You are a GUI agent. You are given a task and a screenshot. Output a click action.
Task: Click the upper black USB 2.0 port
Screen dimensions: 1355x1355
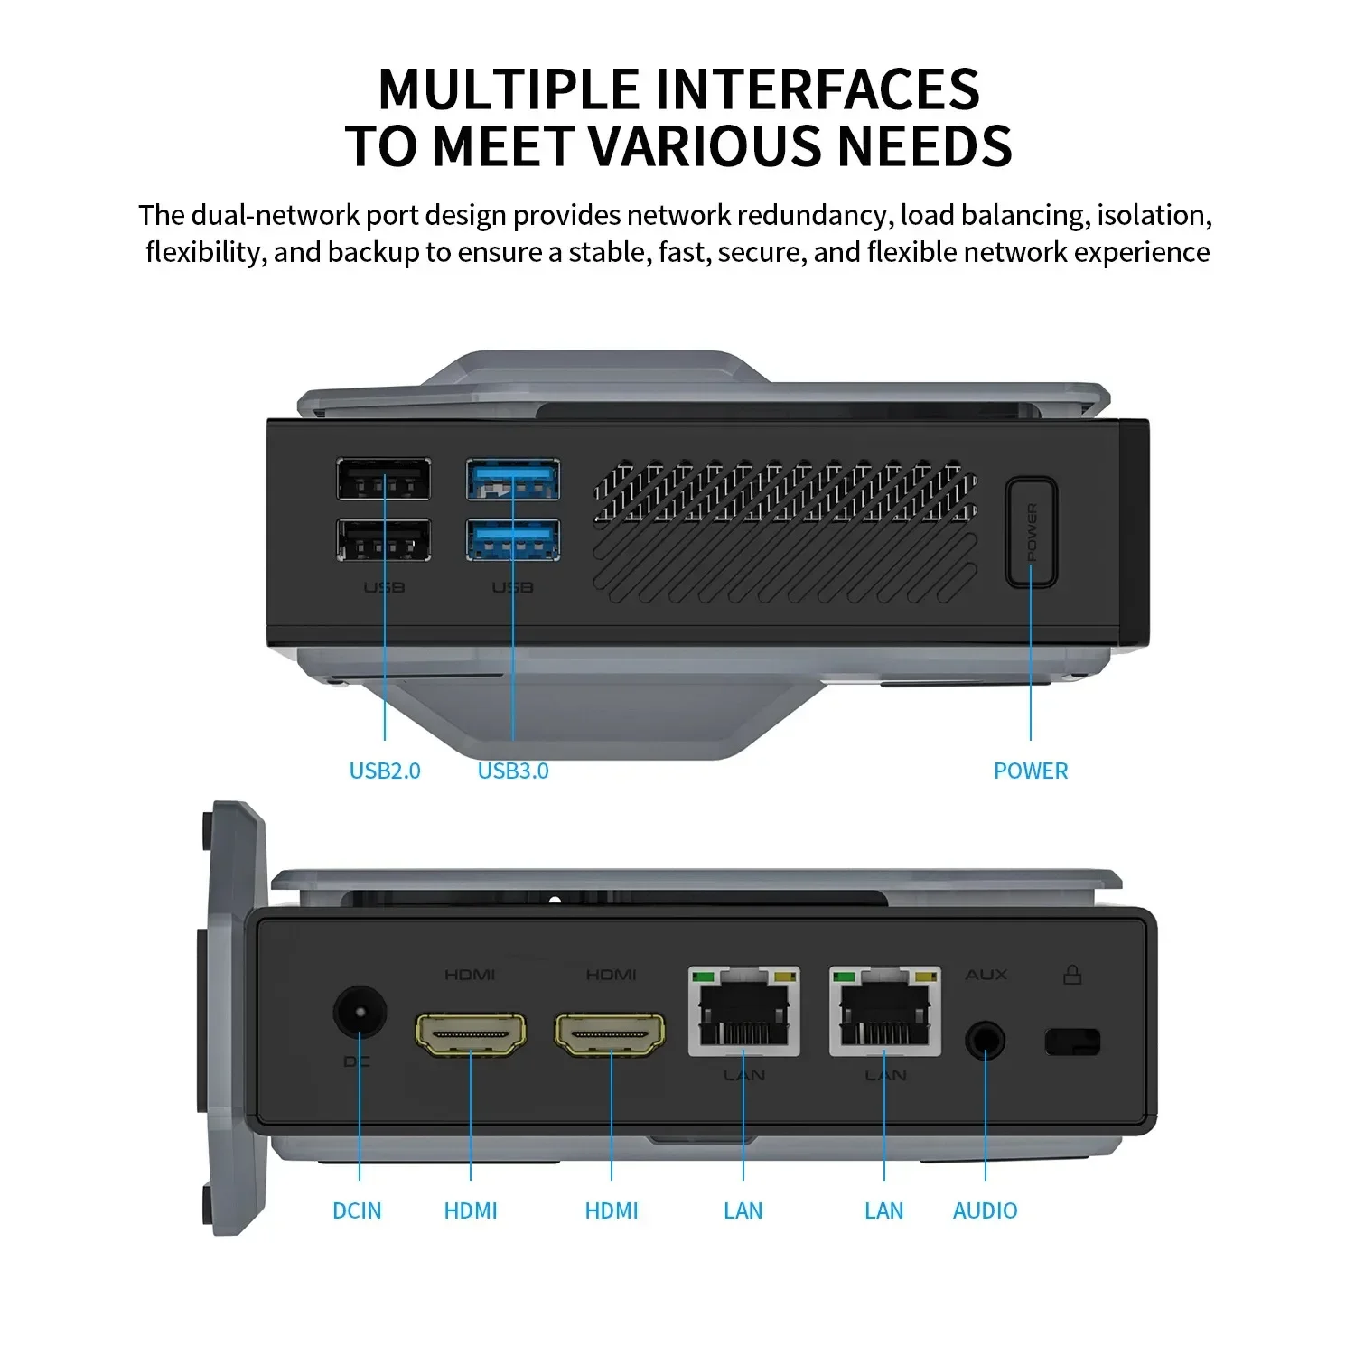click(x=383, y=480)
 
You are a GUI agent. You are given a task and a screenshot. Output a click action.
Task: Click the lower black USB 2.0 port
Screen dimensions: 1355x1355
click(x=383, y=540)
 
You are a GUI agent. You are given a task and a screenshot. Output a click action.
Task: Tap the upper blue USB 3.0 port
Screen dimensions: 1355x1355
click(x=512, y=480)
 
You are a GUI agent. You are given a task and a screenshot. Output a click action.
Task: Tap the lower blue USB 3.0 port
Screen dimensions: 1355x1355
click(x=512, y=540)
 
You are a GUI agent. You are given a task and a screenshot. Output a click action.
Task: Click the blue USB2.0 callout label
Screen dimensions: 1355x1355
click(x=385, y=771)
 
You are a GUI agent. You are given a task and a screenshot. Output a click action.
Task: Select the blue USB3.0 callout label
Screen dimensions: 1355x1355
click(x=513, y=771)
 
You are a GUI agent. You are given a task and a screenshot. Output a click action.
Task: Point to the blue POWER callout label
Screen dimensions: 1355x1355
click(x=1030, y=771)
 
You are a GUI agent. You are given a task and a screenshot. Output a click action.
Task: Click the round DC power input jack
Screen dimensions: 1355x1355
click(x=360, y=1011)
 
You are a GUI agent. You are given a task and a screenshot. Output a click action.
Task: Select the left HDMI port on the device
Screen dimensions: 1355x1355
click(x=471, y=1034)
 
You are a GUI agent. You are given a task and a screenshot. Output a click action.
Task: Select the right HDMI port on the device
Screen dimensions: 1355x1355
click(x=611, y=1034)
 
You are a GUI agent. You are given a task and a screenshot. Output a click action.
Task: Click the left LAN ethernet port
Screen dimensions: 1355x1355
click(x=743, y=1012)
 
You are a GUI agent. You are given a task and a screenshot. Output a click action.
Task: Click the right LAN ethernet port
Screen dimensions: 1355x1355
click(x=884, y=1012)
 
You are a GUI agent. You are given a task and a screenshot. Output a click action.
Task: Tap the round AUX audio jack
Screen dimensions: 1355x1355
click(x=985, y=1041)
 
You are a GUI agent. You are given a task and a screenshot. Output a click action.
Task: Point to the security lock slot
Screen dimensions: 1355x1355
click(x=1072, y=1042)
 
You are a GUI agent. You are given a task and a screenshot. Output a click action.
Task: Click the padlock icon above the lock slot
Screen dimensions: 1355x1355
click(x=1072, y=974)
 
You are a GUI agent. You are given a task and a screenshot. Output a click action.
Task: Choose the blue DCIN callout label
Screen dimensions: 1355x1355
click(x=357, y=1210)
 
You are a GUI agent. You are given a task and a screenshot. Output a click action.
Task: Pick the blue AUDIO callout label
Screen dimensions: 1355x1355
click(x=985, y=1210)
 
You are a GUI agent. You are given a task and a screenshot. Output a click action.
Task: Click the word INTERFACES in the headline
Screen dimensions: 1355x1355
click(x=817, y=89)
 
